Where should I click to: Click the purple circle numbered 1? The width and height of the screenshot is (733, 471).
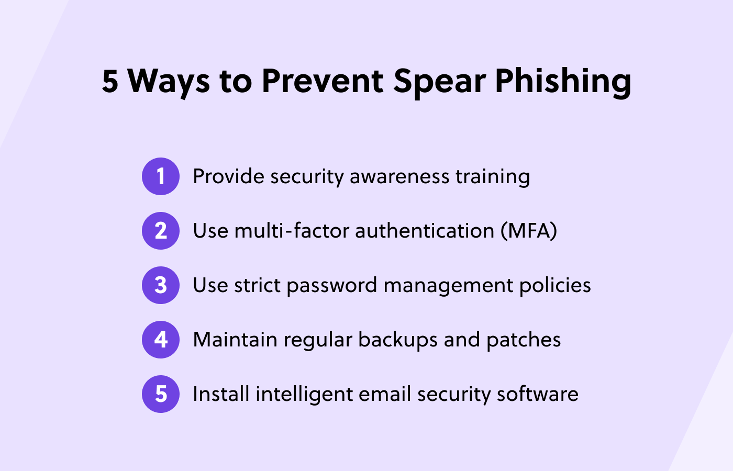click(161, 176)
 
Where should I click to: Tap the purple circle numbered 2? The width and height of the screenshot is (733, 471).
click(161, 231)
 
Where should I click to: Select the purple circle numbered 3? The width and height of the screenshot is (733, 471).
click(161, 285)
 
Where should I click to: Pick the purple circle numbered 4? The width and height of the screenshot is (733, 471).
click(161, 340)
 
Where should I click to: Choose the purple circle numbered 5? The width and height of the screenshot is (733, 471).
click(161, 394)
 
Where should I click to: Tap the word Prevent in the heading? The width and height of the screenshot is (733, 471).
click(323, 81)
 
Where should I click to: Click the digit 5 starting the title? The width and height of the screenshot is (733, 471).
click(110, 81)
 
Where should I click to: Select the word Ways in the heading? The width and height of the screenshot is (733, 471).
click(169, 81)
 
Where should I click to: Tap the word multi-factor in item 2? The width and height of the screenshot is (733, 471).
click(291, 231)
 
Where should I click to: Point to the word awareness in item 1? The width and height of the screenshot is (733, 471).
click(399, 176)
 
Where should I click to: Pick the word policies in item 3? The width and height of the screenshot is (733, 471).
click(555, 285)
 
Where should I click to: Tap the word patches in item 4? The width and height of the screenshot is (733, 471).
click(524, 340)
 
